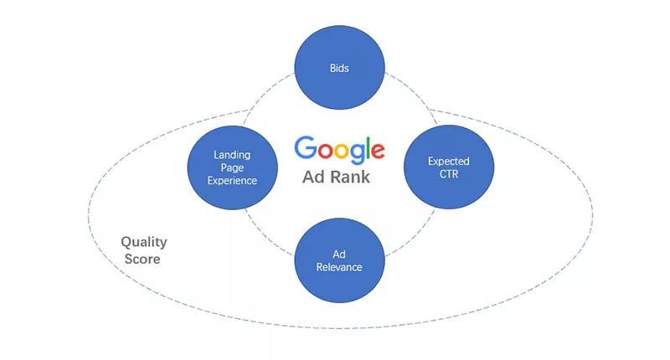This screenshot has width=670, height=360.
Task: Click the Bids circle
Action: click(340, 69)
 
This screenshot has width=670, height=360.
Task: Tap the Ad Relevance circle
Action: click(340, 260)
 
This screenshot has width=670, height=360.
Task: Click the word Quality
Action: click(143, 242)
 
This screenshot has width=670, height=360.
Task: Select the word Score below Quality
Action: click(142, 259)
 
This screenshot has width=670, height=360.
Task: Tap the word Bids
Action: click(340, 69)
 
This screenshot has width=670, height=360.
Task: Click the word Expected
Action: click(448, 161)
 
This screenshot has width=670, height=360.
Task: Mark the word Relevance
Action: click(340, 267)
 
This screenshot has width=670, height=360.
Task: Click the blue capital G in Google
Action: click(306, 149)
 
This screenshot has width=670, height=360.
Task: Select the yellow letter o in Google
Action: click(338, 152)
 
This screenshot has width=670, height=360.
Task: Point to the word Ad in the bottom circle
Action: click(340, 254)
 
